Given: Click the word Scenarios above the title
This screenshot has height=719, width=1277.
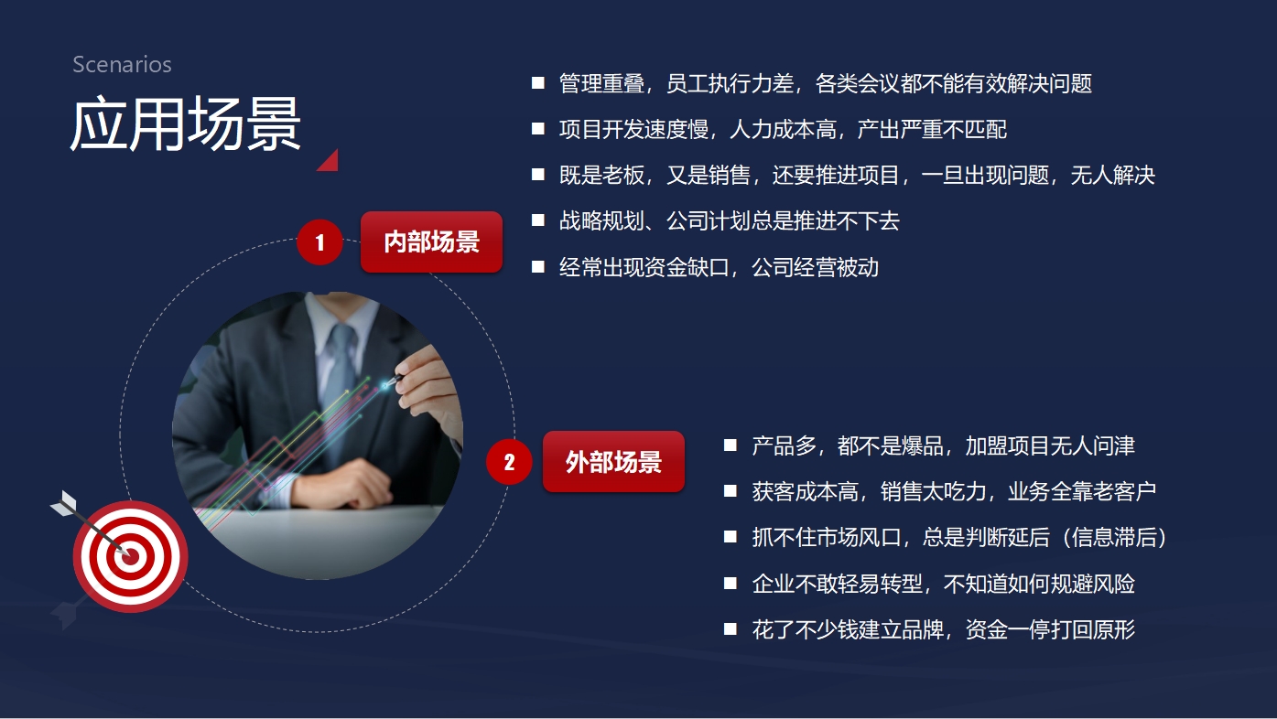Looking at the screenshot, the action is [122, 64].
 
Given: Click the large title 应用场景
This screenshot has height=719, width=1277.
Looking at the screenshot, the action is [185, 123].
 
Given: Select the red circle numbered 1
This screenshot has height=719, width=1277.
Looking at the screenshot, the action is [319, 242].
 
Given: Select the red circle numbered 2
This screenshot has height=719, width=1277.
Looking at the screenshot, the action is [509, 461].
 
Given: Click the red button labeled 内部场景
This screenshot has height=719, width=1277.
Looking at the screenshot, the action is [431, 241].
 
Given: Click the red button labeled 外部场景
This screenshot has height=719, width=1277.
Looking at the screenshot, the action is [613, 461].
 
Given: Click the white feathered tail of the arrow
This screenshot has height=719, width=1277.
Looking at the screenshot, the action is [64, 503].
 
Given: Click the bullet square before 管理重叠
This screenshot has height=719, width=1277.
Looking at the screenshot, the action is [537, 83].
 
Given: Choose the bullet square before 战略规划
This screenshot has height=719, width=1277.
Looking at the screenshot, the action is [537, 220].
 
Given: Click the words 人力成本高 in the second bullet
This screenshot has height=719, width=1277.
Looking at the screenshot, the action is [782, 129].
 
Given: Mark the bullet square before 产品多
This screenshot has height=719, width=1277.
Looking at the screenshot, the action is [730, 445].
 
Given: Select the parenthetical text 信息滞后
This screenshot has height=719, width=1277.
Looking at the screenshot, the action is [1114, 537].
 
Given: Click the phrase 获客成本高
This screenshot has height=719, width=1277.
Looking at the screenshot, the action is [805, 491].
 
